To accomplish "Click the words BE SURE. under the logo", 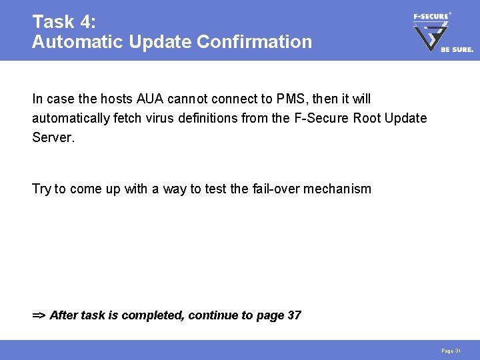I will tap(457, 49).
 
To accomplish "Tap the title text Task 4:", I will tap(65, 22).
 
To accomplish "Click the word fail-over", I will tap(275, 189).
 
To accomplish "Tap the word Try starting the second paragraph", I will tap(42, 189).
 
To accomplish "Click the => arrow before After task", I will tap(39, 315).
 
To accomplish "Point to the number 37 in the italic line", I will tap(293, 315).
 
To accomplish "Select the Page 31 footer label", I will tap(451, 351).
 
